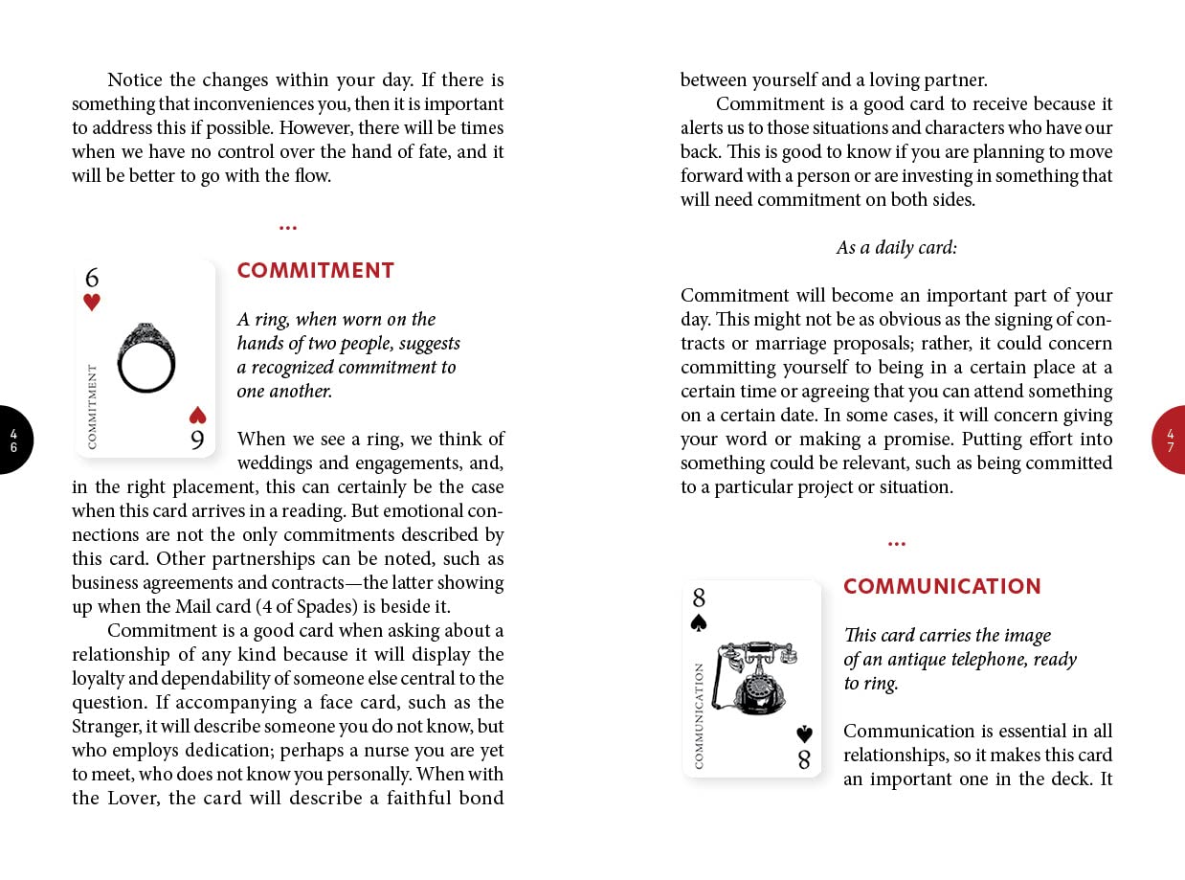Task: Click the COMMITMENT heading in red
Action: [316, 271]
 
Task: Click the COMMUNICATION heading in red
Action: [942, 587]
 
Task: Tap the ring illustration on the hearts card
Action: [146, 356]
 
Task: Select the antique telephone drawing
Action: [755, 677]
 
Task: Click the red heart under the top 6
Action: [92, 303]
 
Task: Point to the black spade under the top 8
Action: [699, 622]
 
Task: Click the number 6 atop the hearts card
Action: [92, 278]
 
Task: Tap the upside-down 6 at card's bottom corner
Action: [197, 440]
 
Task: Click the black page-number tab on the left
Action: [14, 440]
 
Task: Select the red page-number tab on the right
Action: [1170, 440]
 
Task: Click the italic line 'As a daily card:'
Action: [896, 248]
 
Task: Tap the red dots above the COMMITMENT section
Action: [288, 228]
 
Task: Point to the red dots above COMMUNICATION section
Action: [896, 544]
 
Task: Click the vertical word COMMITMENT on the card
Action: [93, 406]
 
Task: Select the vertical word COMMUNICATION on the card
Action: [699, 715]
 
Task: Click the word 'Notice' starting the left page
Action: [135, 80]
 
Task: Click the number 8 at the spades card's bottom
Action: [804, 760]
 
